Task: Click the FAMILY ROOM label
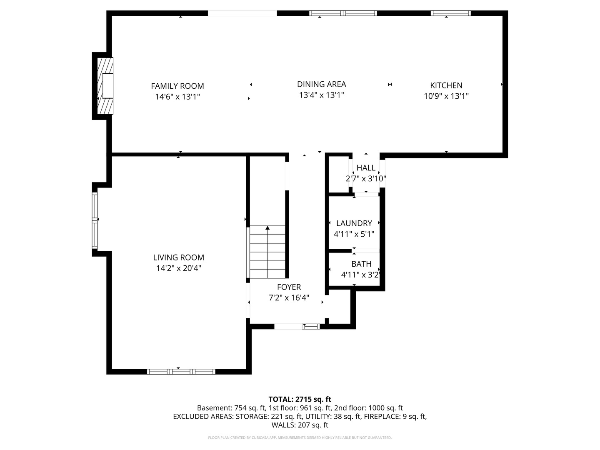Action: [177, 86]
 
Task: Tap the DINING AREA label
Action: [321, 84]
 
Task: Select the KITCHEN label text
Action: [446, 85]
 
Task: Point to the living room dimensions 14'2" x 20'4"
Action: [178, 268]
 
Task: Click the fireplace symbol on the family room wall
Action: [105, 86]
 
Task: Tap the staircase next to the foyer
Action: [267, 252]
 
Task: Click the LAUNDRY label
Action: [354, 223]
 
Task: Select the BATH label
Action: [361, 264]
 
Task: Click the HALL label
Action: [366, 168]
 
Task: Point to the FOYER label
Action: [289, 287]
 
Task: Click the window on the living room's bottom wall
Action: [181, 371]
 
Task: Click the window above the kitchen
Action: [450, 13]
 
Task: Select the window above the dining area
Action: [343, 13]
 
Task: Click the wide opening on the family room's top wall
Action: [242, 13]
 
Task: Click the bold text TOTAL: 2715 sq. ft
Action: [300, 399]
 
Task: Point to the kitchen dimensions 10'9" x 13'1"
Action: [446, 96]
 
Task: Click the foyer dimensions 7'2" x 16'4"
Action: [289, 298]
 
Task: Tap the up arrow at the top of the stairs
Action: [267, 228]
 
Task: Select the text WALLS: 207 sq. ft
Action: [300, 425]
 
